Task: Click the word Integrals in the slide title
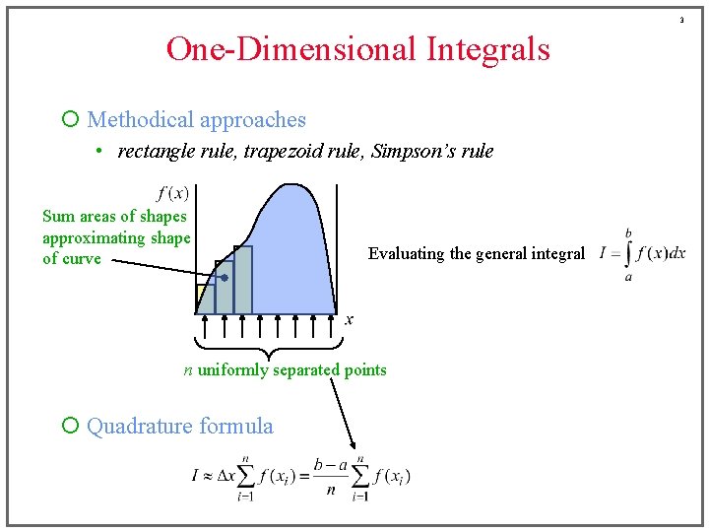tap(488, 48)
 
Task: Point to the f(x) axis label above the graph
tap(173, 193)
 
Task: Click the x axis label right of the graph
tap(349, 319)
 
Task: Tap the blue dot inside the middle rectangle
tap(225, 279)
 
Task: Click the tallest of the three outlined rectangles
tap(242, 280)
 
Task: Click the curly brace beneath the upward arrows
tap(269, 347)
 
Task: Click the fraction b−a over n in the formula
tap(332, 476)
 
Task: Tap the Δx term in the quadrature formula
tap(226, 476)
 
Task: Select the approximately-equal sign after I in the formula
tap(208, 477)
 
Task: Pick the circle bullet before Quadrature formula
tap(70, 427)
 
